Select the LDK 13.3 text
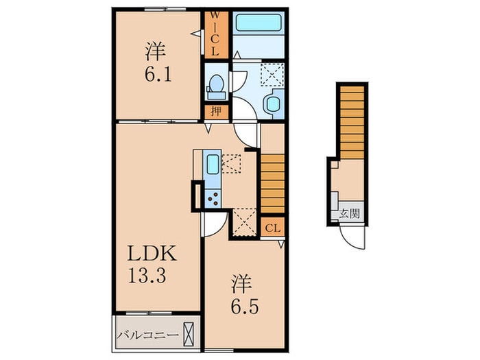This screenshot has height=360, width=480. tap(154, 265)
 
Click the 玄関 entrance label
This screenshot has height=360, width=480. tap(349, 213)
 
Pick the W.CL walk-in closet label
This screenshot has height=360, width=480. tap(215, 33)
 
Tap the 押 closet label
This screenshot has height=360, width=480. tap(215, 111)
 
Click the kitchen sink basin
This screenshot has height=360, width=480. tap(212, 165)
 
